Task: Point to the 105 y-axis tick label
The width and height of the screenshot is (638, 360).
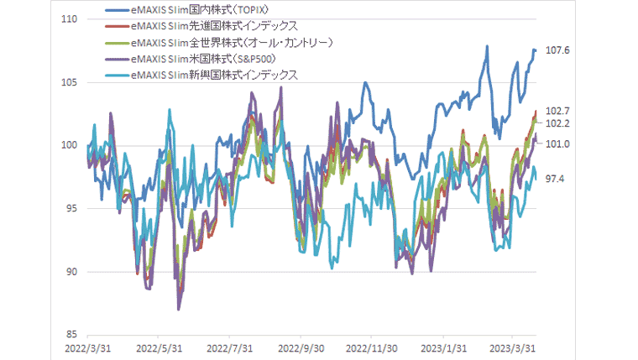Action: click(71, 82)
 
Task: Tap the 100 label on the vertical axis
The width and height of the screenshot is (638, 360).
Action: click(71, 145)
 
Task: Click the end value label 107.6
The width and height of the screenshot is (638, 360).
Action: click(557, 50)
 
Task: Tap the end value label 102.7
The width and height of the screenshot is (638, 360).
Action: click(557, 111)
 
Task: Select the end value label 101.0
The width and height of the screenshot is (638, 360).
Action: click(557, 144)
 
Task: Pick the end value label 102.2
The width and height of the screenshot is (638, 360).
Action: click(557, 123)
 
